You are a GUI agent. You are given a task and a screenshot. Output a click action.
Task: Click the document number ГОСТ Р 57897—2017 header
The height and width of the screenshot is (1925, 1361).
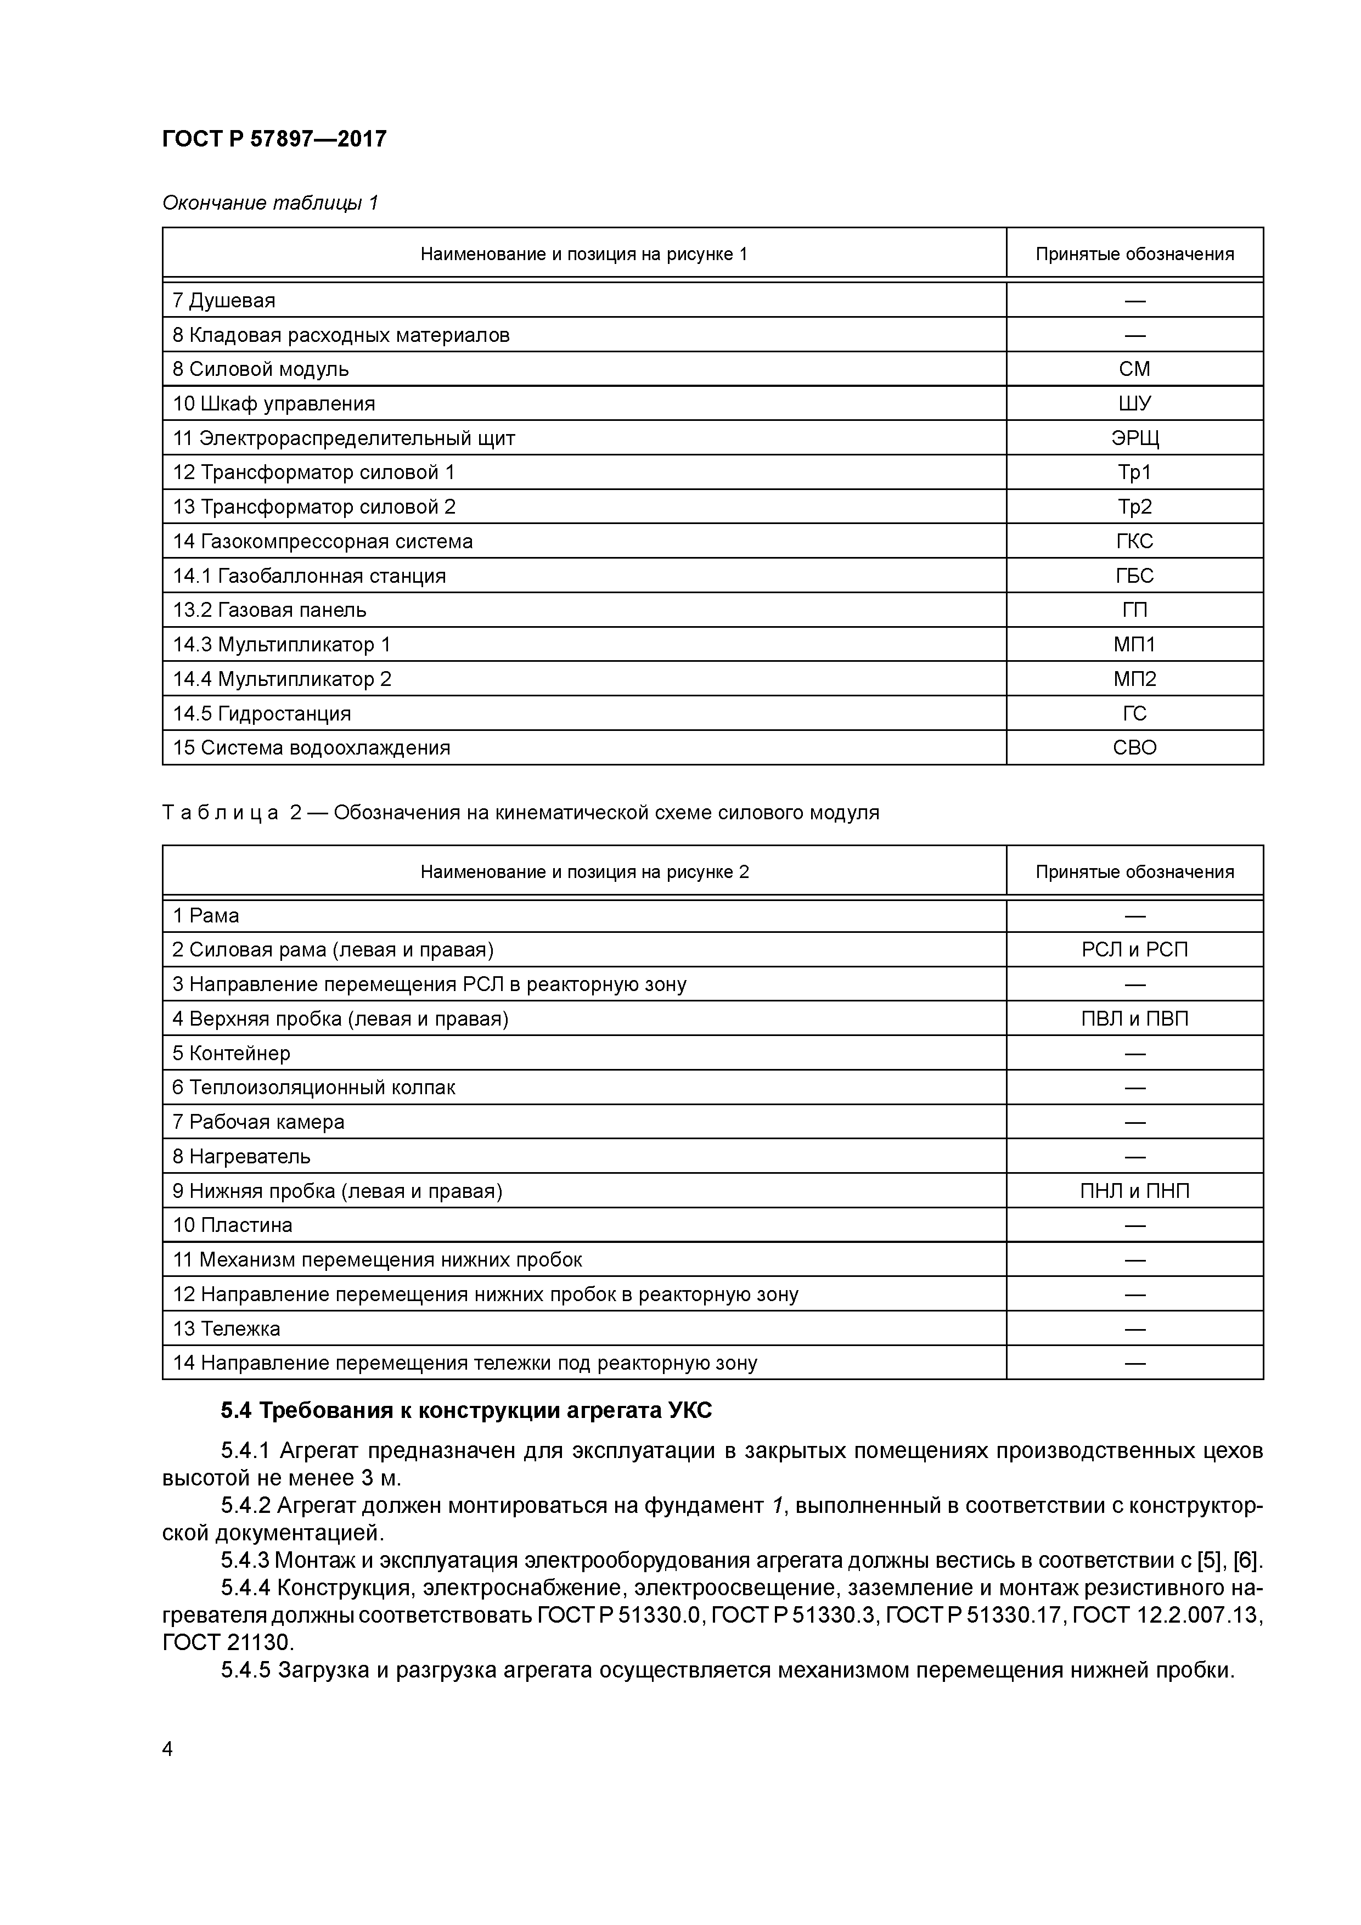pos(274,139)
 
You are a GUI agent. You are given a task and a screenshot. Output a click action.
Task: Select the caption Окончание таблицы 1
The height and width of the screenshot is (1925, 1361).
pos(270,203)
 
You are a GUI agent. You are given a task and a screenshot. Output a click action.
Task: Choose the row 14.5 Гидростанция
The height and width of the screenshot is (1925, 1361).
pos(262,713)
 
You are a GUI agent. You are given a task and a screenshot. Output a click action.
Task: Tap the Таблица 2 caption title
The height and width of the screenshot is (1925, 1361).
pos(520,813)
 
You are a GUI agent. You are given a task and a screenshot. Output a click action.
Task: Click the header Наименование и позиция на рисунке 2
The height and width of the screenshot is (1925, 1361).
pos(584,872)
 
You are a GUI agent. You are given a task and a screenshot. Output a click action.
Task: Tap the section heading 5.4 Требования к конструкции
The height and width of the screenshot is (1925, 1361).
pos(466,1411)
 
